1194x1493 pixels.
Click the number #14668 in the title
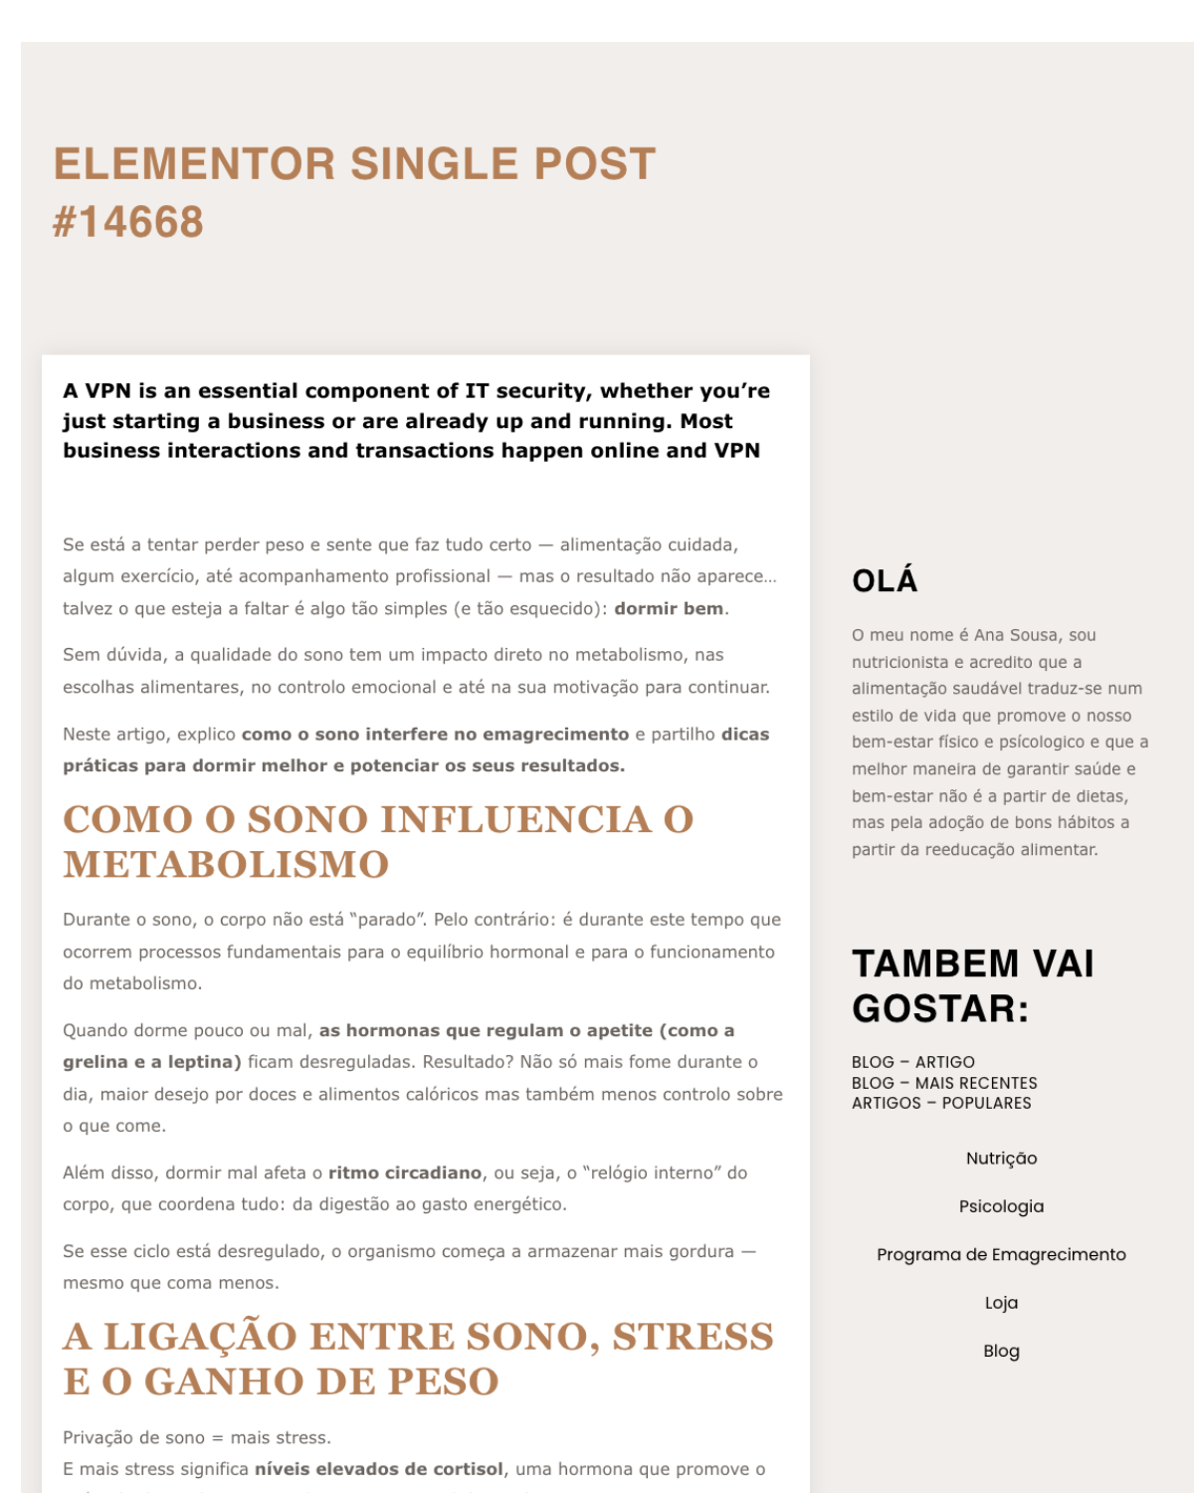coord(127,222)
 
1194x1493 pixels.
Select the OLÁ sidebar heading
coord(885,581)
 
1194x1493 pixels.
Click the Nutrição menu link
coord(1001,1159)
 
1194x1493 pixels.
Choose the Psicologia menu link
coord(1001,1206)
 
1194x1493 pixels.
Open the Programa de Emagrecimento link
coord(1001,1255)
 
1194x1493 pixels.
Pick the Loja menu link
coord(1001,1303)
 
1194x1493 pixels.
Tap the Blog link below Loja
coord(1001,1352)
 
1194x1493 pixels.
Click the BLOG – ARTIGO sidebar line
coord(912,1062)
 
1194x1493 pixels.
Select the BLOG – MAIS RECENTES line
coord(944,1083)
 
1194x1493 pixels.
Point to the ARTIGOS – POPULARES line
coord(941,1103)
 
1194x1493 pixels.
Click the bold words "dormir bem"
coord(669,609)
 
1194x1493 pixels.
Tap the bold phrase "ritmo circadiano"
coord(404,1173)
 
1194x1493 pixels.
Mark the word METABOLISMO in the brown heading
coord(226,865)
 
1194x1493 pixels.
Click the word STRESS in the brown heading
coord(693,1337)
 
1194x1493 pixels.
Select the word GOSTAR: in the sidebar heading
coord(940,1009)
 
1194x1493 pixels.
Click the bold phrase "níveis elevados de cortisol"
coord(378,1469)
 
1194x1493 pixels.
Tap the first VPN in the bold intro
coord(107,391)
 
